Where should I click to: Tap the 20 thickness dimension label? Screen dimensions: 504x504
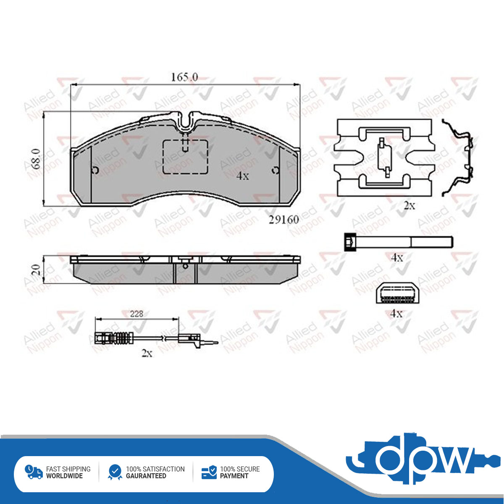click(x=36, y=270)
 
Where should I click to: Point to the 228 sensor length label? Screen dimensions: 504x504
click(x=136, y=314)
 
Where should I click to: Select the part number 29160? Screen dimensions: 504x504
click(x=284, y=220)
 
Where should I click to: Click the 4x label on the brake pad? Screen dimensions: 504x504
click(x=242, y=176)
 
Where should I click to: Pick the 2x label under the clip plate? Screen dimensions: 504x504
click(x=409, y=205)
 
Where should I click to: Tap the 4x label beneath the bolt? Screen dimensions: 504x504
click(x=397, y=258)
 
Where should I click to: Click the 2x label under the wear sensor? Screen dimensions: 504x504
click(x=147, y=353)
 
